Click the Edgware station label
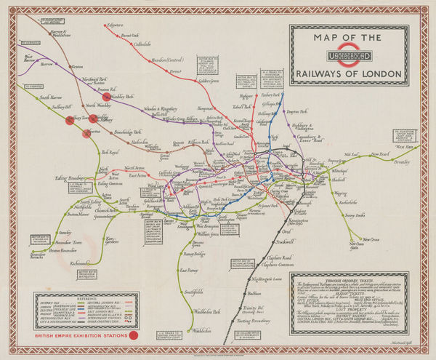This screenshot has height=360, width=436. click(x=116, y=26)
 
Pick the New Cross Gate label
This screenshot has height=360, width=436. click(x=353, y=244)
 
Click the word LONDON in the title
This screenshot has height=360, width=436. click(x=382, y=73)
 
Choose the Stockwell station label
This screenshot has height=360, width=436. click(x=286, y=241)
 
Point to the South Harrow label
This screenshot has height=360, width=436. click(x=54, y=97)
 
